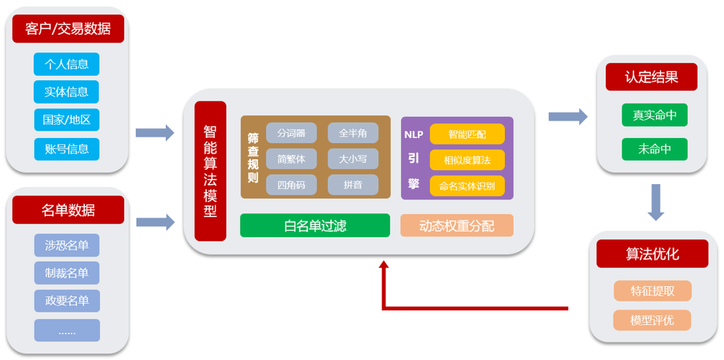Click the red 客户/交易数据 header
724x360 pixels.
click(x=68, y=28)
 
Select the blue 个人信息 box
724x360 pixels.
click(x=66, y=64)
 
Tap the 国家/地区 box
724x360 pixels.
click(x=66, y=120)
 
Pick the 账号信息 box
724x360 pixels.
click(x=66, y=149)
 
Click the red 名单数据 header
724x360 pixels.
click(x=68, y=210)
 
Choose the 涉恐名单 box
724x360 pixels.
click(x=66, y=245)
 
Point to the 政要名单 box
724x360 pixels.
click(x=66, y=301)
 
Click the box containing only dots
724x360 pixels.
click(x=66, y=331)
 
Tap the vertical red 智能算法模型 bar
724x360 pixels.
click(x=210, y=171)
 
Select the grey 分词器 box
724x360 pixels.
click(x=291, y=133)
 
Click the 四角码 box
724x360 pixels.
click(x=291, y=185)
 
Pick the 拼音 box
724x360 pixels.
click(x=353, y=185)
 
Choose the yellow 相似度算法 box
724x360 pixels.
click(x=468, y=160)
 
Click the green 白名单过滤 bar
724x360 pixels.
click(x=315, y=226)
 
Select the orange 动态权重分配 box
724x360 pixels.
click(x=457, y=226)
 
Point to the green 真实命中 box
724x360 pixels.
click(x=655, y=115)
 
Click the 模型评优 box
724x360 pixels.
click(x=652, y=320)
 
